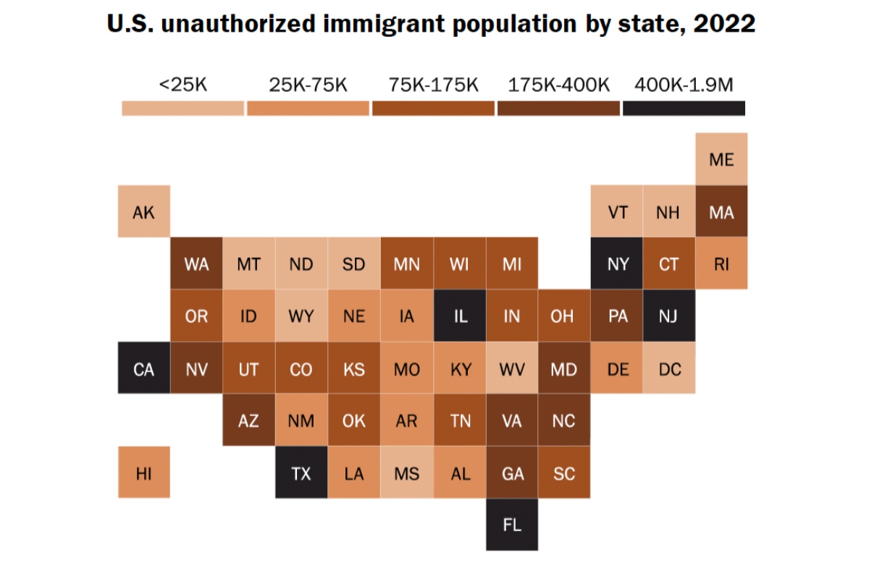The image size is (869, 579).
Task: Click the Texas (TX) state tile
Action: pyautogui.click(x=301, y=473)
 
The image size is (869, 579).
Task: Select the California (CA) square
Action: pyautogui.click(x=144, y=369)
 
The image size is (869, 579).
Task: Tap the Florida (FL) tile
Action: pyautogui.click(x=512, y=525)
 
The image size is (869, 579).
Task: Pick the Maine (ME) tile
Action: pyautogui.click(x=721, y=159)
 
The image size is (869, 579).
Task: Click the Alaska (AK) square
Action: pyautogui.click(x=144, y=211)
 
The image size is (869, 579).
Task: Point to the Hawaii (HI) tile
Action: pyautogui.click(x=144, y=473)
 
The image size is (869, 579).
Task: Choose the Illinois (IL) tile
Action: pyautogui.click(x=460, y=316)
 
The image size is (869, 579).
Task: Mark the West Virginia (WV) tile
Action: pyautogui.click(x=512, y=369)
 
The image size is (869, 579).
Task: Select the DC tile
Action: pyautogui.click(x=670, y=369)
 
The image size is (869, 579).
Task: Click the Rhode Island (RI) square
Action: pyautogui.click(x=721, y=264)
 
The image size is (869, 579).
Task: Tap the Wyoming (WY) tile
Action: pyautogui.click(x=301, y=316)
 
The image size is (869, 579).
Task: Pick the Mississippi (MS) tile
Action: pyautogui.click(x=407, y=473)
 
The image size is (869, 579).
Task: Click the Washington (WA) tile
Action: pyautogui.click(x=196, y=264)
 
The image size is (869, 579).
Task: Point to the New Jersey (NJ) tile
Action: pyautogui.click(x=670, y=316)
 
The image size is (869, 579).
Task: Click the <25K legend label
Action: pyautogui.click(x=183, y=85)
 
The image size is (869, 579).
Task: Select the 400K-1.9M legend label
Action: pyautogui.click(x=684, y=85)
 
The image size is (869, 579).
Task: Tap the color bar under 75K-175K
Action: pyautogui.click(x=434, y=109)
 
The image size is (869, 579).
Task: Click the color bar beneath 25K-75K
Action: pyautogui.click(x=308, y=109)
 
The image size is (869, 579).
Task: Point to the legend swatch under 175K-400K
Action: pyautogui.click(x=559, y=109)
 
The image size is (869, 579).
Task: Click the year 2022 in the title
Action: pyautogui.click(x=724, y=24)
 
